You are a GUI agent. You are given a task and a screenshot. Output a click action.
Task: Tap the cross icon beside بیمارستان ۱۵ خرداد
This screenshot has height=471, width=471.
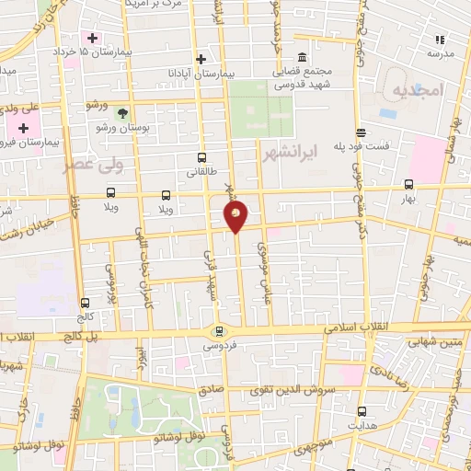(91, 38)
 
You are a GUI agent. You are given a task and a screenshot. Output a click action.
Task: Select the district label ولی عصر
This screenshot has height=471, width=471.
(89, 167)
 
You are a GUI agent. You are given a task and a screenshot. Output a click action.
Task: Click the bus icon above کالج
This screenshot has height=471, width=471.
(86, 302)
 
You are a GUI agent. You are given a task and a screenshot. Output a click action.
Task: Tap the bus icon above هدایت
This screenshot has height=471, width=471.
(361, 411)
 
